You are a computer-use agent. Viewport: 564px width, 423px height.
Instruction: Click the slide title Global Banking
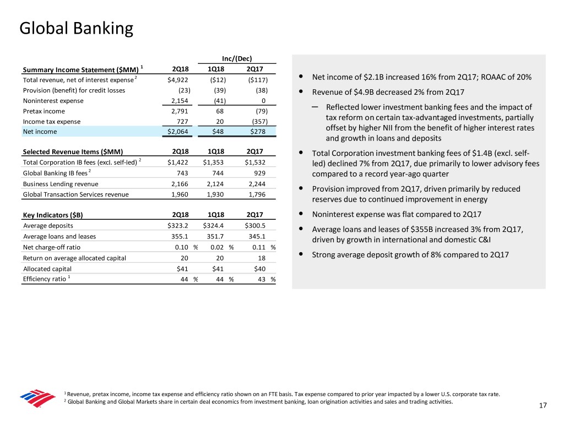(x=76, y=28)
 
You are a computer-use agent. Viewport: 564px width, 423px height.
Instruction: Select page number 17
(x=543, y=406)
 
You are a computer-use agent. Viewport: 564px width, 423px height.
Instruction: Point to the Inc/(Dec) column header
(x=237, y=59)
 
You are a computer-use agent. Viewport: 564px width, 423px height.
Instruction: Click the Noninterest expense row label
(x=53, y=101)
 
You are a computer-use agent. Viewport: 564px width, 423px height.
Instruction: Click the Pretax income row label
(x=42, y=111)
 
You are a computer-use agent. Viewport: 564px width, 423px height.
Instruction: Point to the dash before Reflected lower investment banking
(x=314, y=106)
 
